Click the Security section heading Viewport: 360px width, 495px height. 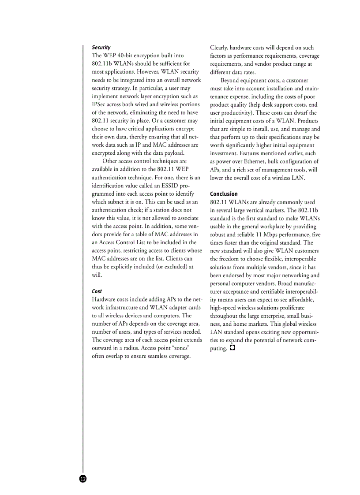[101, 47]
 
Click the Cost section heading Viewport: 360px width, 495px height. [97, 291]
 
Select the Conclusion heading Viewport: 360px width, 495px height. [224, 194]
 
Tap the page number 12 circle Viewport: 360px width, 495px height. [83, 479]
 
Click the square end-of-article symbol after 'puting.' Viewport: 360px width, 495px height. [232, 348]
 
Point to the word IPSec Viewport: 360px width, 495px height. [100, 104]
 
